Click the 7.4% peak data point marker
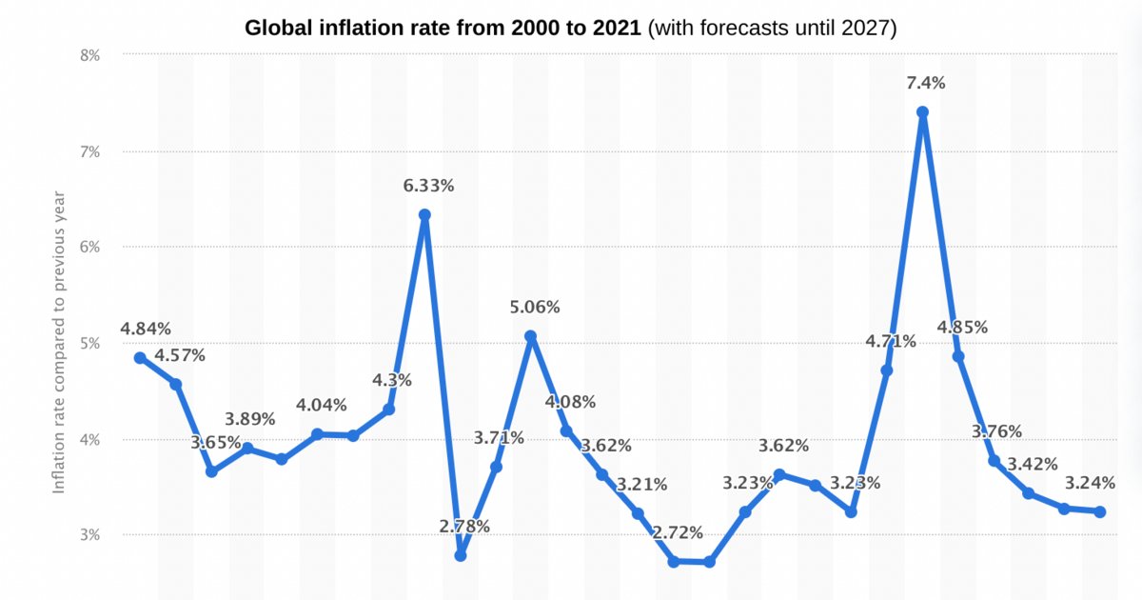click(x=922, y=111)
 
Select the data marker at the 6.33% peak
click(x=424, y=215)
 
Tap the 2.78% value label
click(x=464, y=526)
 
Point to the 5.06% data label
click(x=534, y=308)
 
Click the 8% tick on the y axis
click(x=89, y=55)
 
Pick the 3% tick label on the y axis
click(x=89, y=534)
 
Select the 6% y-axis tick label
click(x=89, y=247)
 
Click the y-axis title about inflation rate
click(x=59, y=342)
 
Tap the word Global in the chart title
click(x=279, y=29)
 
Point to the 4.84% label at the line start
click(x=146, y=329)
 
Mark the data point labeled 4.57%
click(x=176, y=384)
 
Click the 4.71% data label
click(x=891, y=341)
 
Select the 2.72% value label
click(x=678, y=532)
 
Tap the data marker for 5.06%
click(x=531, y=336)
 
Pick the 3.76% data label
click(x=996, y=431)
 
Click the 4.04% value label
click(x=322, y=405)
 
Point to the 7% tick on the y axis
click(x=89, y=151)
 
